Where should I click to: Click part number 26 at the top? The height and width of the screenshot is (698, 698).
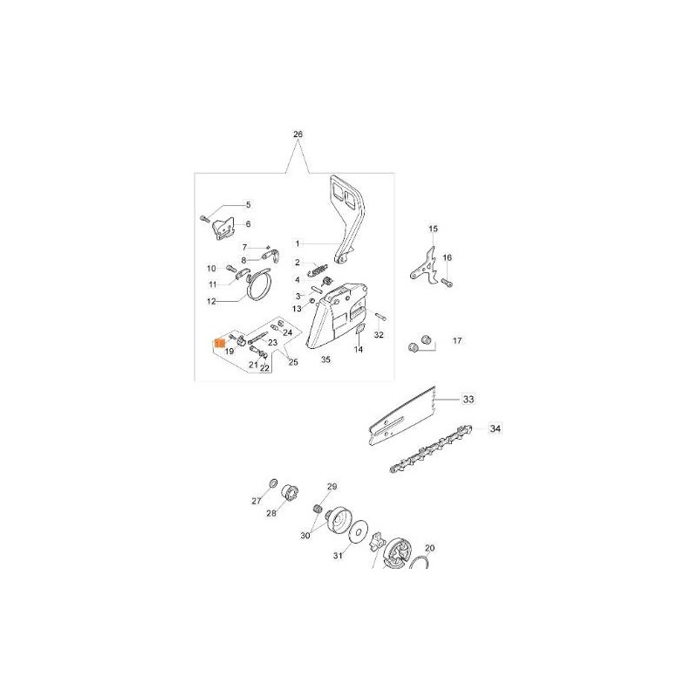298,134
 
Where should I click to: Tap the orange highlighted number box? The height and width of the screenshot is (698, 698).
220,343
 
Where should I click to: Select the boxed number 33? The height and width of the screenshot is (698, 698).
469,400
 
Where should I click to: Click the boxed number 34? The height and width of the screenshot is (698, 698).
495,428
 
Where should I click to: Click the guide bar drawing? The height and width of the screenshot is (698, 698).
402,415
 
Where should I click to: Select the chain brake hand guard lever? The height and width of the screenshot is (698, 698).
348,220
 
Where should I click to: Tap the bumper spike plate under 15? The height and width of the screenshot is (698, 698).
422,266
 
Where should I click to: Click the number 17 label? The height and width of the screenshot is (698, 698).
457,340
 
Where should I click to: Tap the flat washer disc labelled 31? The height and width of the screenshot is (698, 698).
359,531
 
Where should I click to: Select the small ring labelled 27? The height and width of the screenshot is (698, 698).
273,483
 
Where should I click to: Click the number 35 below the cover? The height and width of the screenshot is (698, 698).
325,359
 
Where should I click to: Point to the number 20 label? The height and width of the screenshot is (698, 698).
430,548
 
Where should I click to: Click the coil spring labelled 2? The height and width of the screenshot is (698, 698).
318,270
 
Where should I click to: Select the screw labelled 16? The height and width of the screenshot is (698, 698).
448,282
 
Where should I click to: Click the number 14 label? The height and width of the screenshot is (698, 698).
359,350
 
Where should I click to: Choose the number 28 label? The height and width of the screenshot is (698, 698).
271,513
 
